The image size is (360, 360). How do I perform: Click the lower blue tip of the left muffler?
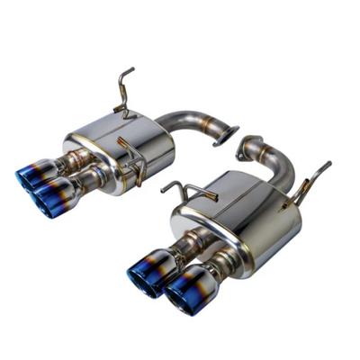(x=52, y=191)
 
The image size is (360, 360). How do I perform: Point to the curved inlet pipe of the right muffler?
(x=274, y=166)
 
